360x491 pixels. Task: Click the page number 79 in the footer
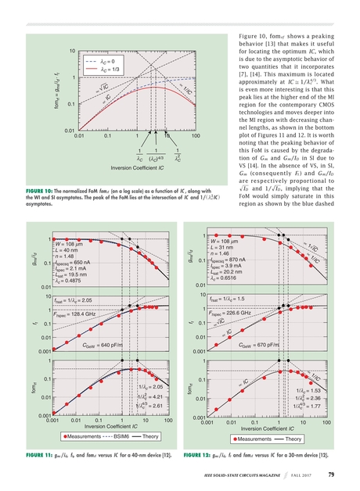[x=331, y=474]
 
